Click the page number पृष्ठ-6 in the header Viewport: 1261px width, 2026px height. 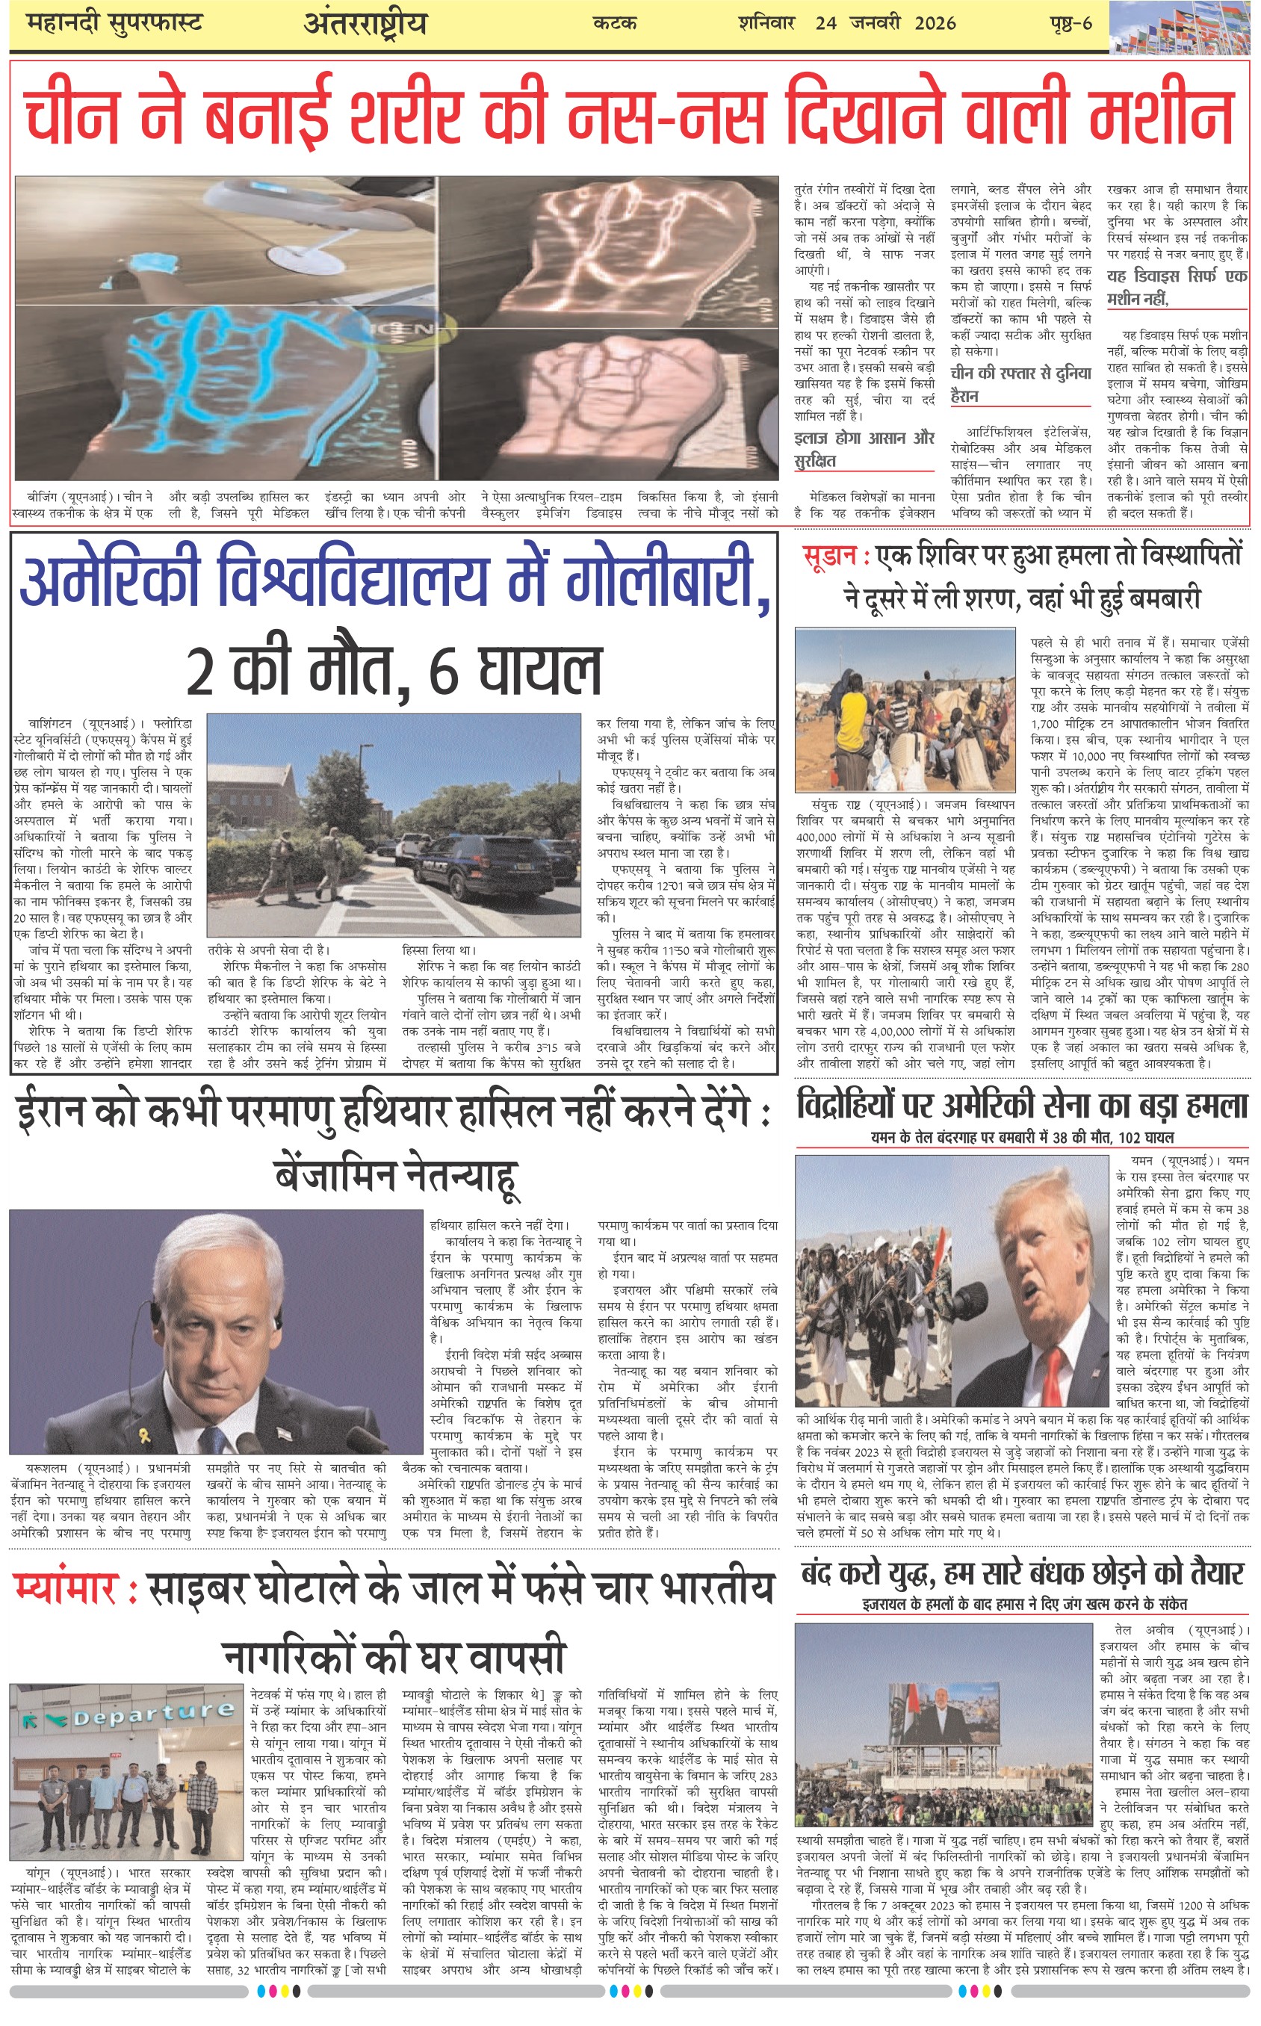point(1070,23)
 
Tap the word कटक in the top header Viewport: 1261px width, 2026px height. point(615,24)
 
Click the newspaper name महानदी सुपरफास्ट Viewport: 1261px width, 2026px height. point(114,23)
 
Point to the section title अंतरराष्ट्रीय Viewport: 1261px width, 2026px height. point(365,23)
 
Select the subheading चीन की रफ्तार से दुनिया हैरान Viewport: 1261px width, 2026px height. point(1020,384)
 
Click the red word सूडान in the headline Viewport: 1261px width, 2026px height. point(829,556)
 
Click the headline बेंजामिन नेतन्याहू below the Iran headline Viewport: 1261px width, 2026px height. point(396,1176)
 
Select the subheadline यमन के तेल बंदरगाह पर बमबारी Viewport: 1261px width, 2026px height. point(1022,1137)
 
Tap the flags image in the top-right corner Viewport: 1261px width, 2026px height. point(1184,27)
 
